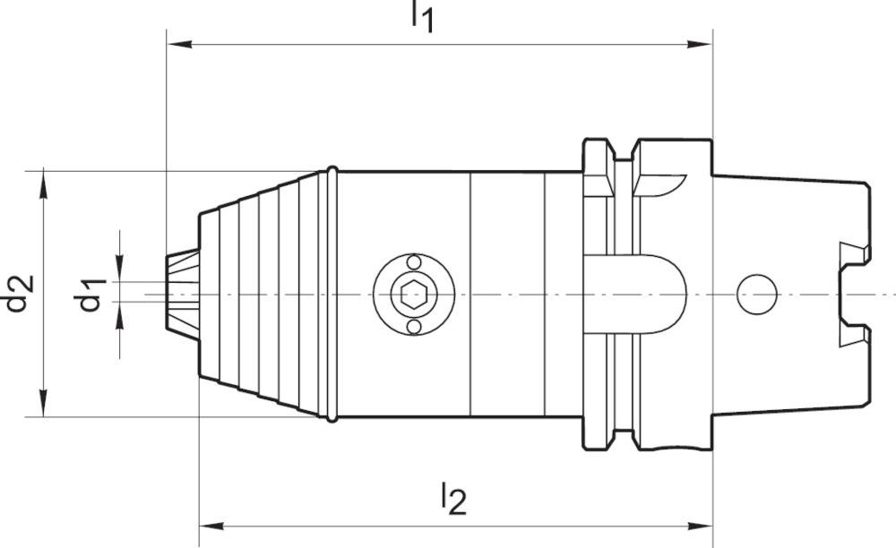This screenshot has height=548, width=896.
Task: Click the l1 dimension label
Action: [x=422, y=16]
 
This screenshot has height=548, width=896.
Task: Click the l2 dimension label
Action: [x=452, y=500]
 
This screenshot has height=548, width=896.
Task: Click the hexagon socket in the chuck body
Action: [x=413, y=294]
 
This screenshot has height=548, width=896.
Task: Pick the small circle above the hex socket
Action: [x=413, y=261]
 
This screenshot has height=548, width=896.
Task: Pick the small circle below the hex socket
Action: [x=413, y=327]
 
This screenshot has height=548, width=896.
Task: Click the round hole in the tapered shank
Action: [x=756, y=294]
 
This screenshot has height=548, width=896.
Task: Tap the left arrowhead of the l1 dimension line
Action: [x=176, y=42]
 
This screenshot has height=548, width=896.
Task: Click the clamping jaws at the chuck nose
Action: [x=182, y=294]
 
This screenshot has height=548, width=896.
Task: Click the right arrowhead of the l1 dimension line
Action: [x=703, y=42]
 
